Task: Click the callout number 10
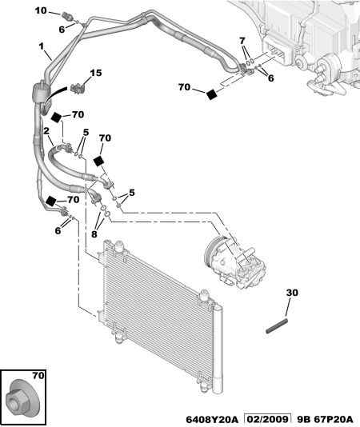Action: tap(41, 10)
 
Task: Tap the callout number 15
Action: tap(96, 73)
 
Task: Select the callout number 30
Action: tap(292, 293)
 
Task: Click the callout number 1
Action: tap(41, 46)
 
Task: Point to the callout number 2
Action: tap(46, 131)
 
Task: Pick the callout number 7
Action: tap(242, 41)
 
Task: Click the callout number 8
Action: tap(94, 233)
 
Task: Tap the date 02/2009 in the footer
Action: tap(266, 418)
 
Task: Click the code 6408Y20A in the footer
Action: tap(212, 419)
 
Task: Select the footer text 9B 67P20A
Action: tap(325, 419)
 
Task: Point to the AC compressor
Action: tap(236, 261)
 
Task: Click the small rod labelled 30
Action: tap(277, 325)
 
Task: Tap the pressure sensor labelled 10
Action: tap(67, 15)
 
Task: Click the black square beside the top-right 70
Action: tap(212, 94)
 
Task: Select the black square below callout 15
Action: tap(57, 118)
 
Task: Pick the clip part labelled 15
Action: tap(78, 88)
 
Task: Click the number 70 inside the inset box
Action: tap(38, 376)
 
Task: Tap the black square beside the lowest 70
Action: tap(51, 201)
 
